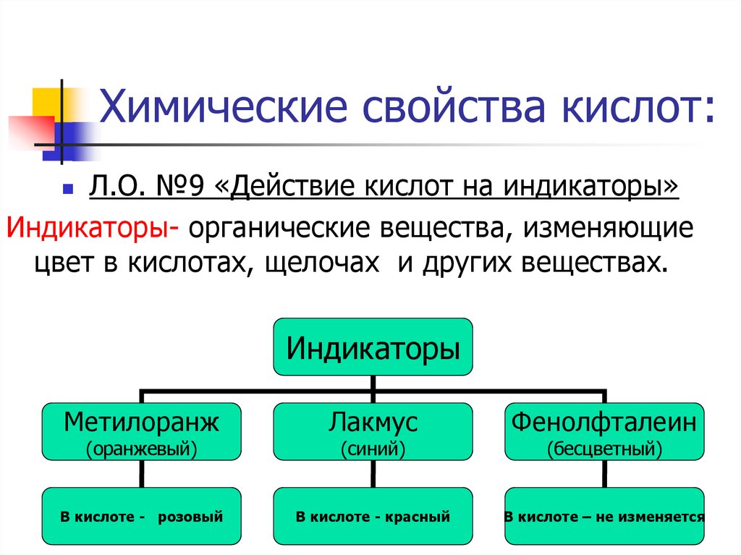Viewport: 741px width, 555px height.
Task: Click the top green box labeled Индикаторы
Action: [x=373, y=347]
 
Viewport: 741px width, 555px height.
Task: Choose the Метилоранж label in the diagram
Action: [x=141, y=421]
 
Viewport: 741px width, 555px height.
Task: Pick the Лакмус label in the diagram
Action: [x=373, y=421]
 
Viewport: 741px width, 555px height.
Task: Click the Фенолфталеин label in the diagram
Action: [x=604, y=421]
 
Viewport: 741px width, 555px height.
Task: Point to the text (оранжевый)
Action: [x=141, y=449]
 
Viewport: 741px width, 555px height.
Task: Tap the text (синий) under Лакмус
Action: [x=373, y=449]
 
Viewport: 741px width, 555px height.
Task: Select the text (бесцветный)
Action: [x=604, y=449]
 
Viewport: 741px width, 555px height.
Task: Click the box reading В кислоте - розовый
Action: [x=141, y=517]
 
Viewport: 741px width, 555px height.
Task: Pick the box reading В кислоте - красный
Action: [x=373, y=517]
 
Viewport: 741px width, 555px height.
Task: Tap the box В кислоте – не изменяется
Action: [x=604, y=517]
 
